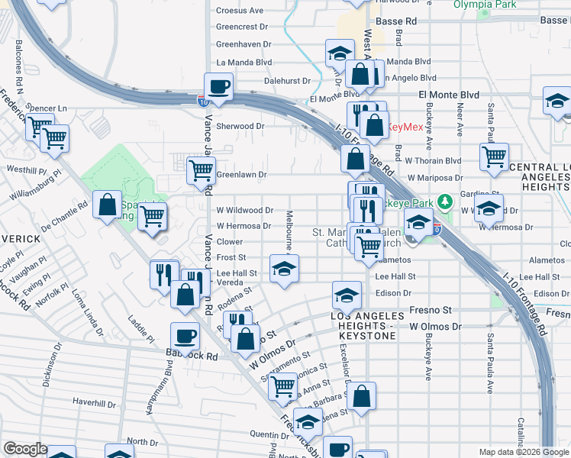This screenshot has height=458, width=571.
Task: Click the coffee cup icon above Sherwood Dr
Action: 219,87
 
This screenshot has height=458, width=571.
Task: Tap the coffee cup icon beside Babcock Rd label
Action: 185,335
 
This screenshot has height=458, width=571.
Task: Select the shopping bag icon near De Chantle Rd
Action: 108,204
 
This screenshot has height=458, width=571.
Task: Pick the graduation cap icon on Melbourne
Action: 283,269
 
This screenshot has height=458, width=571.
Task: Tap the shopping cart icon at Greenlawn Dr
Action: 201,170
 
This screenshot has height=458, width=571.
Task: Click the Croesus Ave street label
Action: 240,11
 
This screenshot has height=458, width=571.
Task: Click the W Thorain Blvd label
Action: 434,161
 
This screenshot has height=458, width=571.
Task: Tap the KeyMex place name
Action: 406,127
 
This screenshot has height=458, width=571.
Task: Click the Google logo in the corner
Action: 24,449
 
